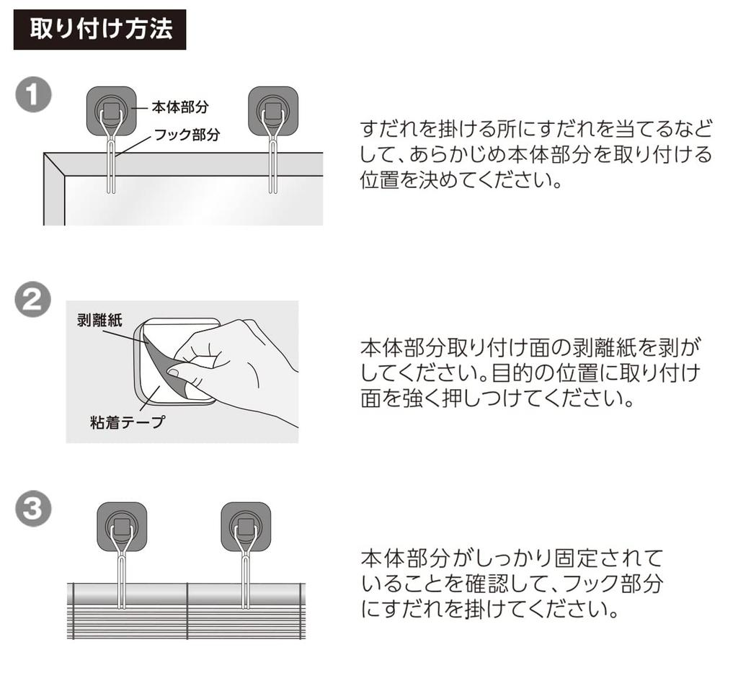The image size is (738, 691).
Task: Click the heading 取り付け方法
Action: [99, 30]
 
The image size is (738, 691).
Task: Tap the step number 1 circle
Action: [33, 97]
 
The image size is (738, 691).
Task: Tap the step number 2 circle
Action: [33, 301]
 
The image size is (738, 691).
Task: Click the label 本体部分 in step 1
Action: [180, 107]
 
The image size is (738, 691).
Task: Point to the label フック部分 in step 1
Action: [187, 134]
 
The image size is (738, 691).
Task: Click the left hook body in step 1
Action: [111, 111]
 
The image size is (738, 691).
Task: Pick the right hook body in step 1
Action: [273, 111]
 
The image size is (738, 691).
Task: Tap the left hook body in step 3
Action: [122, 526]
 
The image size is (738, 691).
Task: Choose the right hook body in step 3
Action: [246, 526]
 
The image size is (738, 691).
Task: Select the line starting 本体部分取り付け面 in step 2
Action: [530, 348]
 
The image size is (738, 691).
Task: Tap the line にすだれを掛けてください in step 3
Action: [490, 610]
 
